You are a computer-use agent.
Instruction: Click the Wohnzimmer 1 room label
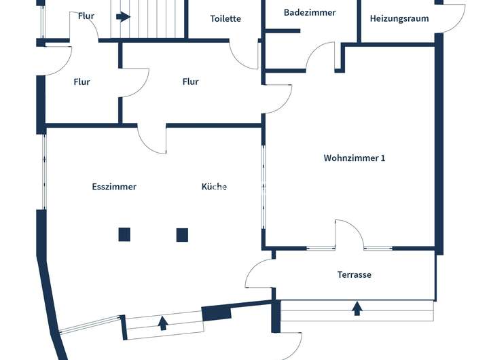click(x=355, y=158)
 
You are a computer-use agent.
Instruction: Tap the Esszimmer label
click(x=114, y=187)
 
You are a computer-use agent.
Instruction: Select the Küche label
click(x=214, y=187)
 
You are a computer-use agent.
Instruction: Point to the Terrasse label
click(x=355, y=275)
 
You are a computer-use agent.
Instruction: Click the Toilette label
click(x=225, y=19)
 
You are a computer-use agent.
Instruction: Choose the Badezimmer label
click(x=310, y=13)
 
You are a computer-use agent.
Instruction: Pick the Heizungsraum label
click(x=399, y=19)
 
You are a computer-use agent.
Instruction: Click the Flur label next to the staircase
click(x=86, y=16)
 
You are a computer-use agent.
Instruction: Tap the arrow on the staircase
click(x=123, y=16)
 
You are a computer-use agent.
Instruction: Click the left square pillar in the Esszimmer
click(x=124, y=235)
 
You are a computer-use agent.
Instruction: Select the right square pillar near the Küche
click(x=182, y=235)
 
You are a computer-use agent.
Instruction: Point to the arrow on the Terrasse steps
click(x=357, y=309)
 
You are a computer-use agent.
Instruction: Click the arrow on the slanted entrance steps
click(x=163, y=323)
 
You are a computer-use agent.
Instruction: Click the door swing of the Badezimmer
click(x=321, y=57)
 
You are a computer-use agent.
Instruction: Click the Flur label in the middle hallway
click(x=191, y=82)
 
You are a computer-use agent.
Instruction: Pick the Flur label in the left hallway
click(x=81, y=82)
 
